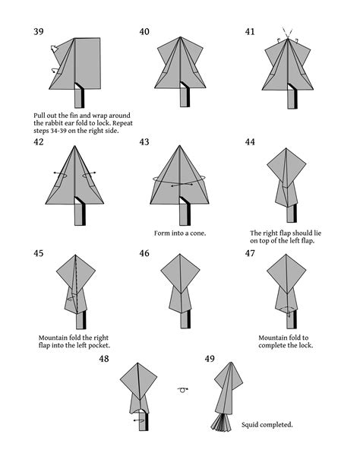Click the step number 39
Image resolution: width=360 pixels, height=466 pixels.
[39, 32]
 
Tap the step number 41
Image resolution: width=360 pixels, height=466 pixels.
[250, 32]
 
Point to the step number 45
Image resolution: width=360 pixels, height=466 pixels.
[39, 253]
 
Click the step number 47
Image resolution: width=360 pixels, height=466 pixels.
[250, 253]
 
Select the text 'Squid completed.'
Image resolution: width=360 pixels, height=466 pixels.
[267, 425]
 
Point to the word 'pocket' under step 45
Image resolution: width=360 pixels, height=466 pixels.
[97, 345]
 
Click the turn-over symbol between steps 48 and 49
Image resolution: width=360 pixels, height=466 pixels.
[181, 390]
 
